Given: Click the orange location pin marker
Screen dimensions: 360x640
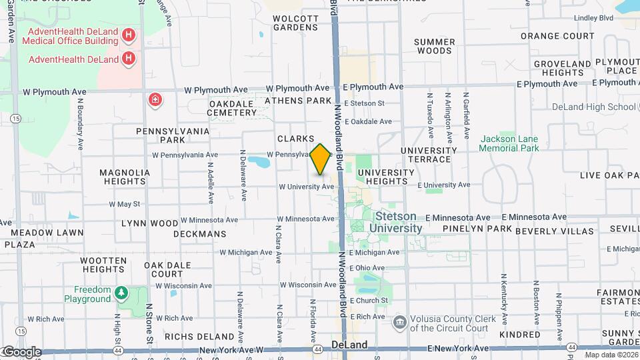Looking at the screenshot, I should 320,159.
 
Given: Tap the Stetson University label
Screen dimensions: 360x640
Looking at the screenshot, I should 398,223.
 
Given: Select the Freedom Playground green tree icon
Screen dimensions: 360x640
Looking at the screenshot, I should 121,293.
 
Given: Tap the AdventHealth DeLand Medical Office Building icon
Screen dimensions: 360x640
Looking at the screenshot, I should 129,35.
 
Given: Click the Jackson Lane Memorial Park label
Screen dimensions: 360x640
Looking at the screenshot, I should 509,143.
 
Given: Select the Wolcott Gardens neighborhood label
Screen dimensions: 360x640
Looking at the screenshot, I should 295,23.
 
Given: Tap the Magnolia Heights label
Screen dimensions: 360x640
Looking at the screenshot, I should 123,176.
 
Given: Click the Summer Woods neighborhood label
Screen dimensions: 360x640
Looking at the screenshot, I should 434,46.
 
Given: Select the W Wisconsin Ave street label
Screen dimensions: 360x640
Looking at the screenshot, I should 308,285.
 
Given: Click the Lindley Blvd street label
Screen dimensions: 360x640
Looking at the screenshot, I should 593,18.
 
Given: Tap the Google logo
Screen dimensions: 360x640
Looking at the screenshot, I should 21,351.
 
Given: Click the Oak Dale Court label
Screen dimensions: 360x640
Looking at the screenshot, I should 167,269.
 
